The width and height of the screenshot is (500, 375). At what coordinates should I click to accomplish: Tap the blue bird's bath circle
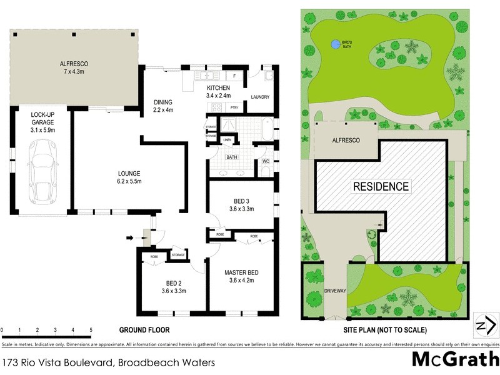(x=336, y=44)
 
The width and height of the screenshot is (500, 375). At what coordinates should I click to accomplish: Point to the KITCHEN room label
(x=219, y=91)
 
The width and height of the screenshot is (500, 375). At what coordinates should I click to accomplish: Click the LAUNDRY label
(x=259, y=97)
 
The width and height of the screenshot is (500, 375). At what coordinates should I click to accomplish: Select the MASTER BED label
(x=241, y=277)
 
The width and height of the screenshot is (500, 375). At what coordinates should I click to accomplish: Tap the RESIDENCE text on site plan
(x=381, y=186)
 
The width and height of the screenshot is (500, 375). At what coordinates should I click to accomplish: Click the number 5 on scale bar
(x=91, y=329)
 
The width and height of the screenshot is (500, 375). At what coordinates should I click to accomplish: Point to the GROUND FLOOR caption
(x=144, y=329)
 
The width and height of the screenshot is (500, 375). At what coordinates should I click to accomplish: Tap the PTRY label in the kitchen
(x=235, y=108)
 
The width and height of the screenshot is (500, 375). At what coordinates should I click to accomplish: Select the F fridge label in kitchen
(x=234, y=76)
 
